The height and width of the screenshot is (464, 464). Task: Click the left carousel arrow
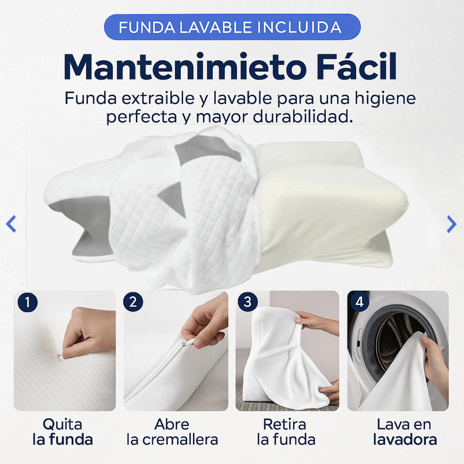[x=11, y=224]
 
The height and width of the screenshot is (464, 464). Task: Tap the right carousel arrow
[x=451, y=224]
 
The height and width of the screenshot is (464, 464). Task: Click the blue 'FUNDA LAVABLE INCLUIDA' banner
[x=232, y=27]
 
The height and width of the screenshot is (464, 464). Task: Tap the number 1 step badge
[x=27, y=302]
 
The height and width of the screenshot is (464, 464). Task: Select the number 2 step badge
[x=133, y=302]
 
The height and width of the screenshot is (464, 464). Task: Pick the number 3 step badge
[x=247, y=302]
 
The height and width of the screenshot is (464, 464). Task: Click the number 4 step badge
[x=359, y=302]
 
